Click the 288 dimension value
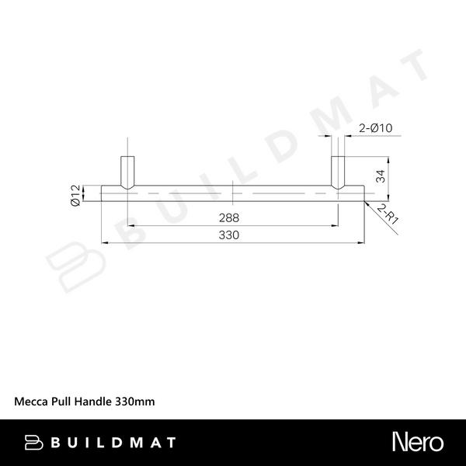pyautogui.click(x=229, y=217)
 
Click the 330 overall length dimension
pyautogui.click(x=229, y=235)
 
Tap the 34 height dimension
pyautogui.click(x=381, y=177)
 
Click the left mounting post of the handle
pyautogui.click(x=127, y=172)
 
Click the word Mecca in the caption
pyautogui.click(x=32, y=402)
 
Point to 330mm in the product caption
pyautogui.click(x=135, y=402)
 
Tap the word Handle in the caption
pyautogui.click(x=95, y=402)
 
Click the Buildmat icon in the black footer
pyautogui.click(x=33, y=443)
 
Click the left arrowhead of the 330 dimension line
pyautogui.click(x=104, y=242)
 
